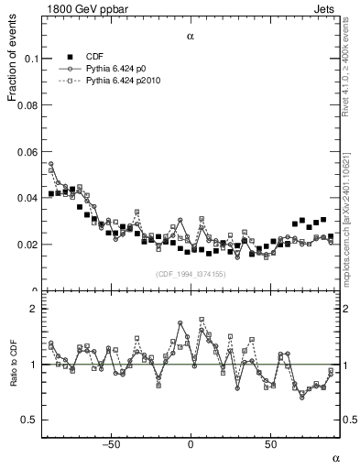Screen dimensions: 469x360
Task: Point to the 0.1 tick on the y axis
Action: [x=29, y=59]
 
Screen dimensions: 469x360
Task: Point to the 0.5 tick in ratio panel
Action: [x=29, y=420]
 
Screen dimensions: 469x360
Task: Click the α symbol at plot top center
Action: [x=191, y=37]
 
